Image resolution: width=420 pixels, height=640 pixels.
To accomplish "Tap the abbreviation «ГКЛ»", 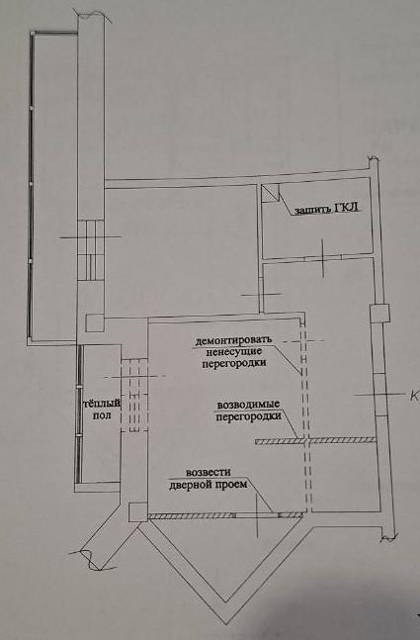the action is [347, 208].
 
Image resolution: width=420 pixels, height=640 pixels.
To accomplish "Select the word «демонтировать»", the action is [233, 340].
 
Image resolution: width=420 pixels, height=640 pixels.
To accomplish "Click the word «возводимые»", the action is [248, 405].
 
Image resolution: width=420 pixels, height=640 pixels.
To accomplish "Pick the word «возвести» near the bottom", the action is [209, 472].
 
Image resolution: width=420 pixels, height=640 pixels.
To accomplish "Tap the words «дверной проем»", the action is [208, 485].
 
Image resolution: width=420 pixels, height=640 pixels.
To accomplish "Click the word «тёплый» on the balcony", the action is [102, 404].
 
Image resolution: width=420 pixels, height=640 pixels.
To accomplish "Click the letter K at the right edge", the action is [414, 396].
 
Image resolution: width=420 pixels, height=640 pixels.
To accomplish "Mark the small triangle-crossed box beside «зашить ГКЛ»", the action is [270, 193].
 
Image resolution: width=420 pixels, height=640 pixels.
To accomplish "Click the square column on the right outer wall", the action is [379, 314].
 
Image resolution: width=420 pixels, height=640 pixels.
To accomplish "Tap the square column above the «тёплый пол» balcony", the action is [95, 323].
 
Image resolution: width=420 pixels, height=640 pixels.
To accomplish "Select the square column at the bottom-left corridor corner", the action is [137, 512].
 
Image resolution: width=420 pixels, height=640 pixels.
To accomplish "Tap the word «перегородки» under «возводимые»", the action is [248, 416].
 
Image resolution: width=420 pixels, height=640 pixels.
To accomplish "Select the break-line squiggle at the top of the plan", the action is [93, 14].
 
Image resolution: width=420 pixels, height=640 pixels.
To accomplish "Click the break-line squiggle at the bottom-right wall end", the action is [388, 537].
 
